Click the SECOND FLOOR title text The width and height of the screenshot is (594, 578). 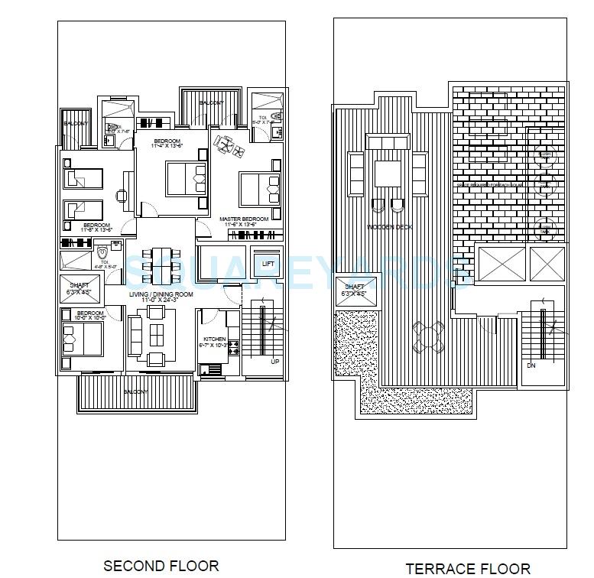tap(161, 566)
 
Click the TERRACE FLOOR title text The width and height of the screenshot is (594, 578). tap(468, 568)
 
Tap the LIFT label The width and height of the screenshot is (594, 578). tap(268, 264)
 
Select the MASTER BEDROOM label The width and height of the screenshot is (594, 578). tap(244, 219)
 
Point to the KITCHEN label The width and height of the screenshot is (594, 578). tap(215, 339)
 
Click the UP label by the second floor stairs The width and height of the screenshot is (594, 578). tap(274, 362)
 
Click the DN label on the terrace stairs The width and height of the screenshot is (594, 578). tap(531, 365)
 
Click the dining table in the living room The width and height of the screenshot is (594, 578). tap(161, 262)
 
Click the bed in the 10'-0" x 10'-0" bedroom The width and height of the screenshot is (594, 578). tap(80, 336)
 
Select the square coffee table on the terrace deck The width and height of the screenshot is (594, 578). tap(388, 172)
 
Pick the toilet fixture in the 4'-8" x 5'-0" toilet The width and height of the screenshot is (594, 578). tap(102, 252)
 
